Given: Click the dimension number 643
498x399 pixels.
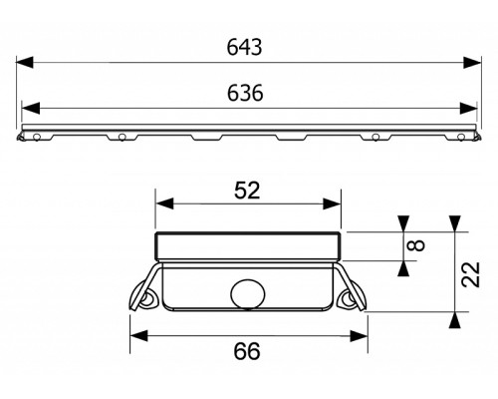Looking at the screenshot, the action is [244, 47].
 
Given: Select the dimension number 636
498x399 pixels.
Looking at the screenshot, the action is [245, 93].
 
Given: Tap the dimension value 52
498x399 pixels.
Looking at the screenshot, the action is [247, 191].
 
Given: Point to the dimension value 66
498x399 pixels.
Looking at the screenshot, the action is [247, 351].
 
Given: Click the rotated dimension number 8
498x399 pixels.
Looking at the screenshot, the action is [418, 245].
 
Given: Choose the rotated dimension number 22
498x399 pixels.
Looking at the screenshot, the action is [471, 274].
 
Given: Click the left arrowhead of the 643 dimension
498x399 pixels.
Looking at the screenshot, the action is [25, 62].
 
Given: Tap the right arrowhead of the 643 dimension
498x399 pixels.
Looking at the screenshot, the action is [472, 62].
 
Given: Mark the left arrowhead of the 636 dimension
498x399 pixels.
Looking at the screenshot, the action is [31, 108].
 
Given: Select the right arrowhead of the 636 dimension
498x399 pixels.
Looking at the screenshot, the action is [468, 108].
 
